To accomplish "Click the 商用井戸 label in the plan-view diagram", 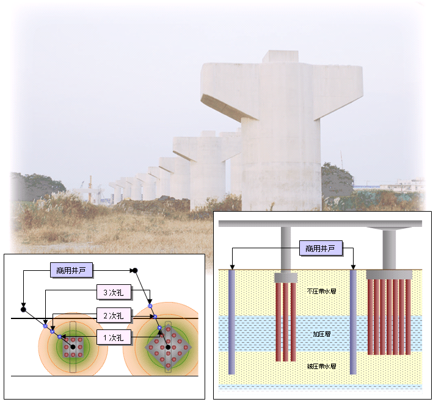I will click(x=72, y=270).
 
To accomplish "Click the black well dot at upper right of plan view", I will click(x=135, y=270).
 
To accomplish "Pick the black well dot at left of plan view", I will click(x=23, y=309).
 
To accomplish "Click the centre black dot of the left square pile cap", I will click(x=73, y=346).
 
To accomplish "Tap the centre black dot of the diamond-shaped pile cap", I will click(x=168, y=347).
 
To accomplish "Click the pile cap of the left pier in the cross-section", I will click(x=285, y=278).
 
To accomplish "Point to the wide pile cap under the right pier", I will click(x=388, y=275).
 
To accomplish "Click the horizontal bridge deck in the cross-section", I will click(x=320, y=223).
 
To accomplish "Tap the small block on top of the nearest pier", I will click(x=280, y=56).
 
